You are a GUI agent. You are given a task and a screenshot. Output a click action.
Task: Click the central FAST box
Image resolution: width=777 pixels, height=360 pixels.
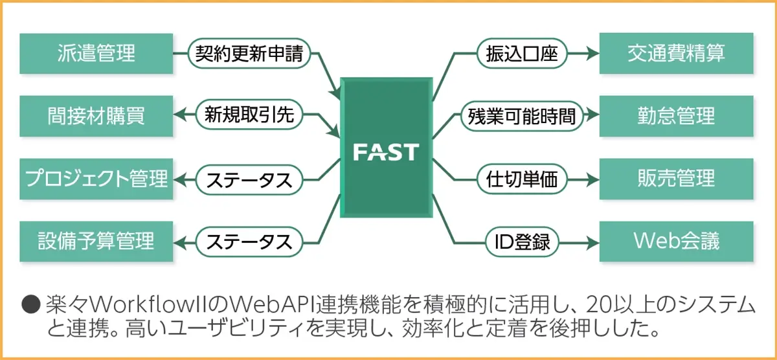click(x=387, y=151)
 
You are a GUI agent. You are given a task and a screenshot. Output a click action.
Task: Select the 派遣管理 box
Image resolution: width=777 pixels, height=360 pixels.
click(x=96, y=54)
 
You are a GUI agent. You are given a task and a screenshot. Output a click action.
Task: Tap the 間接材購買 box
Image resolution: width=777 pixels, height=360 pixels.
click(x=96, y=117)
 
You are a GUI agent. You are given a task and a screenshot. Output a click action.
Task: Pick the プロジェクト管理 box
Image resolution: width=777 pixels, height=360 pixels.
click(x=96, y=179)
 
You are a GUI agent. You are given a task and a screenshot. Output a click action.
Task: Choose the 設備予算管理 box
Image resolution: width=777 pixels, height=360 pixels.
click(x=96, y=242)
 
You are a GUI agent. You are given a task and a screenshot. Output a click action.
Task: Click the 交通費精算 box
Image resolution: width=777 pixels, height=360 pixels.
click(x=676, y=54)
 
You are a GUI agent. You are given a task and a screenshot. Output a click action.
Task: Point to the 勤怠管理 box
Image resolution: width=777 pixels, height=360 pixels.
click(x=676, y=117)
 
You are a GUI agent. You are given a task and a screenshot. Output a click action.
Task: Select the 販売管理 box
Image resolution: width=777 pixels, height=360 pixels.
click(x=676, y=179)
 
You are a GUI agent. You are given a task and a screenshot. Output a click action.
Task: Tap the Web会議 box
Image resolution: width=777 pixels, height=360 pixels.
click(x=676, y=242)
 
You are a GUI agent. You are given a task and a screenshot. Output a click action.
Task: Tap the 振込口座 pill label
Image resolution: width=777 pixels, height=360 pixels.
click(x=521, y=54)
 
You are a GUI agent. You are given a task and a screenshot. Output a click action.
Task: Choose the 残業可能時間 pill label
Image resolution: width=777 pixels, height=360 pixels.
click(x=521, y=117)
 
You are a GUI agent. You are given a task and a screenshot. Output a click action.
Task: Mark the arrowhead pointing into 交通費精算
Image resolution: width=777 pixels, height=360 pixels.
click(x=592, y=54)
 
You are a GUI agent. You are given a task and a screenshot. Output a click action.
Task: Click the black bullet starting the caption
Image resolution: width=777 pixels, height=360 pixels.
click(x=30, y=303)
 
